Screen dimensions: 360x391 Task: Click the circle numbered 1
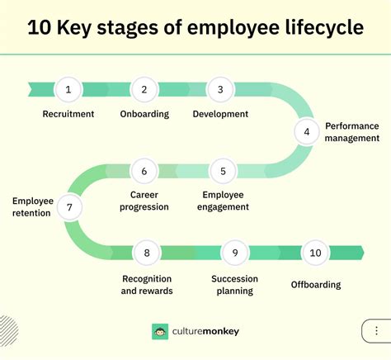(x=68, y=90)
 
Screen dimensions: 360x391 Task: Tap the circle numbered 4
(x=307, y=130)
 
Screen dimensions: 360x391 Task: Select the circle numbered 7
(x=68, y=208)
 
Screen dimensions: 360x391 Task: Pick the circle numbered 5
(x=222, y=171)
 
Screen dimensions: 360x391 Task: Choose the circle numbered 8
(x=147, y=253)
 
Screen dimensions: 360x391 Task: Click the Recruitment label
(x=68, y=114)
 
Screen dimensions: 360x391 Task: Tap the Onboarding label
(x=144, y=114)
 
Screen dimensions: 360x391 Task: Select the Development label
(x=221, y=114)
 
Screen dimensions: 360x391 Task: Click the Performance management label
(x=351, y=132)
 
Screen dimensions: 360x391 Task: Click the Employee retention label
(x=32, y=206)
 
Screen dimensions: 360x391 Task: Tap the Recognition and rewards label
(x=147, y=285)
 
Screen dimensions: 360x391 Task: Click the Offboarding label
(x=315, y=285)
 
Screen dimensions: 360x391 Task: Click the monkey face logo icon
(x=160, y=332)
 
